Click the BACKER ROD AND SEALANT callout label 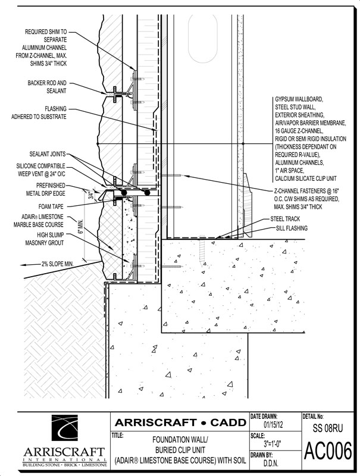[x=46, y=87]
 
